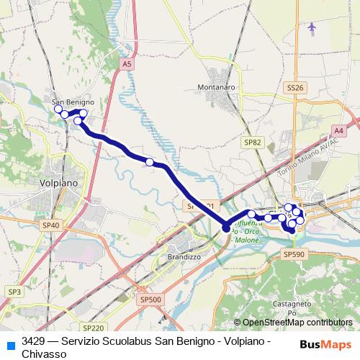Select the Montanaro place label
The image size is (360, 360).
(x=216, y=87)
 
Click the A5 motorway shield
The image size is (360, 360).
(x=127, y=64)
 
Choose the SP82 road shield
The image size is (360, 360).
(x=252, y=143)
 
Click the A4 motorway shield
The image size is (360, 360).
(x=338, y=130)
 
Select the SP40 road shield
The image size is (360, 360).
(x=50, y=225)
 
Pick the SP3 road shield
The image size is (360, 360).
(x=14, y=291)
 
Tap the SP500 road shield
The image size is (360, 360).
(x=150, y=299)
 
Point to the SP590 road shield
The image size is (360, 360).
(x=294, y=254)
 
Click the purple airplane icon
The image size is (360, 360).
(x=312, y=27)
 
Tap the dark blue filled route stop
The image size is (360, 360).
(x=226, y=228)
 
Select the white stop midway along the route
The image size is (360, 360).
(x=150, y=162)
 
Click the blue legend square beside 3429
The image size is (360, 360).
(x=10, y=344)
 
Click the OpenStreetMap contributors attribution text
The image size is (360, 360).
(x=293, y=323)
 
